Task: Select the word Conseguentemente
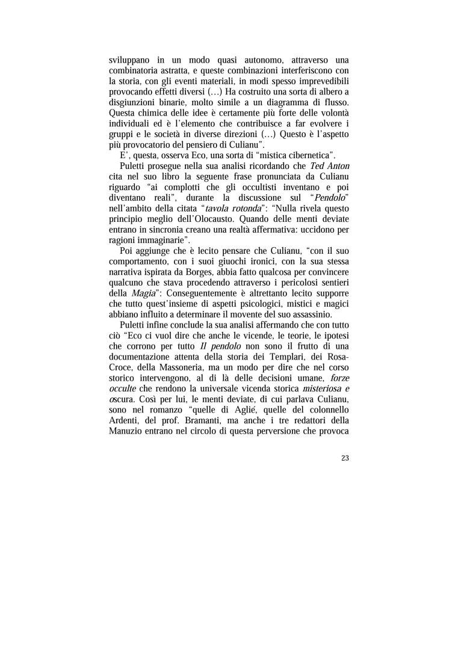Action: tap(200, 293)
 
